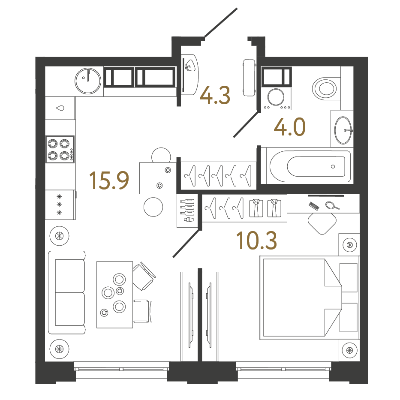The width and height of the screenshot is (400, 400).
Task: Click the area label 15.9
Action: pyautogui.click(x=109, y=180)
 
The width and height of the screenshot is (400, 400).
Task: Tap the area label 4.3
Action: pyautogui.click(x=215, y=95)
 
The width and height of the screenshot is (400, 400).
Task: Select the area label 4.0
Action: pyautogui.click(x=289, y=127)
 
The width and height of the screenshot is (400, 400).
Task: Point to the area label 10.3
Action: pyautogui.click(x=256, y=241)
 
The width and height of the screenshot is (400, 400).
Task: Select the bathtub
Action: pyautogui.click(x=310, y=166)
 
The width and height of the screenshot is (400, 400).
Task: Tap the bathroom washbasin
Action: pyautogui.click(x=343, y=130)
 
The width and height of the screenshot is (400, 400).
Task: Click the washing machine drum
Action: pyautogui.click(x=276, y=97)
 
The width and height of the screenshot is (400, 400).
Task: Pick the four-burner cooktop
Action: pyautogui.click(x=60, y=149)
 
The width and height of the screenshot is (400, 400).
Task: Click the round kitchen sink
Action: pyautogui.click(x=88, y=81)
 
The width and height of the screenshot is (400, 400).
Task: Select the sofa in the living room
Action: pyautogui.click(x=66, y=292)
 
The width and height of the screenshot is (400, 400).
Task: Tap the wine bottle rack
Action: pyautogui.click(x=187, y=211)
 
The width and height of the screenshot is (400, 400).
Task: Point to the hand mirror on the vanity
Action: pyautogui.click(x=332, y=205)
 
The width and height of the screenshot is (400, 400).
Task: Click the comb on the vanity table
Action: pyautogui.click(x=314, y=206)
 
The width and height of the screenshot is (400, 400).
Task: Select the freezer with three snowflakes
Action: pyautogui.click(x=60, y=205)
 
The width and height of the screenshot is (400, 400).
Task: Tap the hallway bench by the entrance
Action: pyautogui.click(x=249, y=78)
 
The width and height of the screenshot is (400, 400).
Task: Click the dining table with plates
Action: pyautogui.click(x=114, y=295)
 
